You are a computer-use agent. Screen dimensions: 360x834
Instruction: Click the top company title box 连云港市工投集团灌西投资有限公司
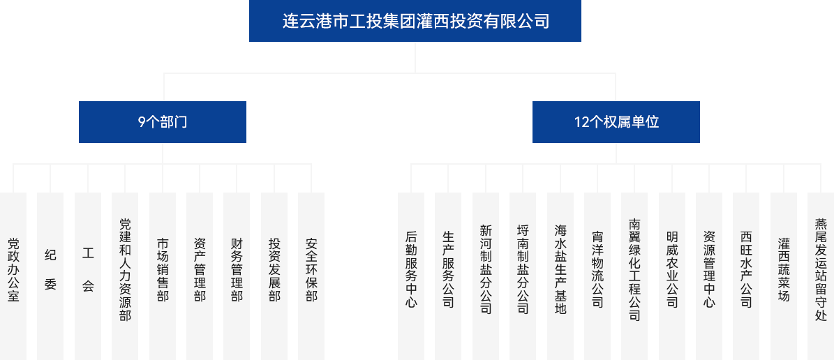pos(415,21)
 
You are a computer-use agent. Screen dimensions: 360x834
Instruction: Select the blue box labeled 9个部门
pos(162,121)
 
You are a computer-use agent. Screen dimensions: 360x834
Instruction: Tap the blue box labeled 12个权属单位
pos(616,121)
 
